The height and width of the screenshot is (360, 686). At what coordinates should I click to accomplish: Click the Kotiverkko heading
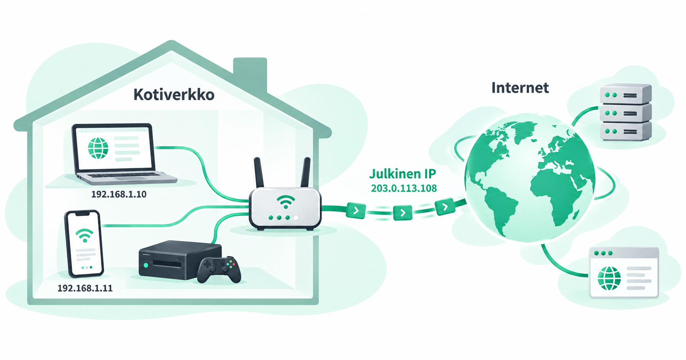coord(174,95)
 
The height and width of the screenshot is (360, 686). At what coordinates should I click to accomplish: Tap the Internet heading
coord(520,88)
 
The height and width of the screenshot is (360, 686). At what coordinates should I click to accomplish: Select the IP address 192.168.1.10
coord(119,194)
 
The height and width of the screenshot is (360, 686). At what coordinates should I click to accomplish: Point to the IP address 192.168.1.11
coord(85,288)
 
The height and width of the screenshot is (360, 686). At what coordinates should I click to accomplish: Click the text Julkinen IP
coord(403,173)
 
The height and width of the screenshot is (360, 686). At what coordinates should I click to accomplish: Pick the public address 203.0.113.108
coord(404,188)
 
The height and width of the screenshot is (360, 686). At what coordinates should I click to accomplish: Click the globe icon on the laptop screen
coord(98,148)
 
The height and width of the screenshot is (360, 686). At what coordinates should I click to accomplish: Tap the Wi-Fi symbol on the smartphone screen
coord(84,235)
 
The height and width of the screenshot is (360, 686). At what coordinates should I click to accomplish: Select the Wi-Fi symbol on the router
coord(286,202)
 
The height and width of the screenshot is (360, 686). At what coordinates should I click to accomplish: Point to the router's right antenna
coord(306,172)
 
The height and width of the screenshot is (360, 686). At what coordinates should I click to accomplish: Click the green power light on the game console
coord(146,265)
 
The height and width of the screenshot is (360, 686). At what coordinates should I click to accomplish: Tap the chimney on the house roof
coord(250,75)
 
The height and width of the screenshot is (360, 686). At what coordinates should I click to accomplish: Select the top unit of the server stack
coord(625,95)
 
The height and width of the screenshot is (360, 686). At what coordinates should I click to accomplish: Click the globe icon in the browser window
coord(609,278)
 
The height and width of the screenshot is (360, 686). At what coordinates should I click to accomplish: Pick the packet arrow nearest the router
coord(356,210)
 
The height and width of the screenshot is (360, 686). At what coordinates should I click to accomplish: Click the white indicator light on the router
coord(296,218)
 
